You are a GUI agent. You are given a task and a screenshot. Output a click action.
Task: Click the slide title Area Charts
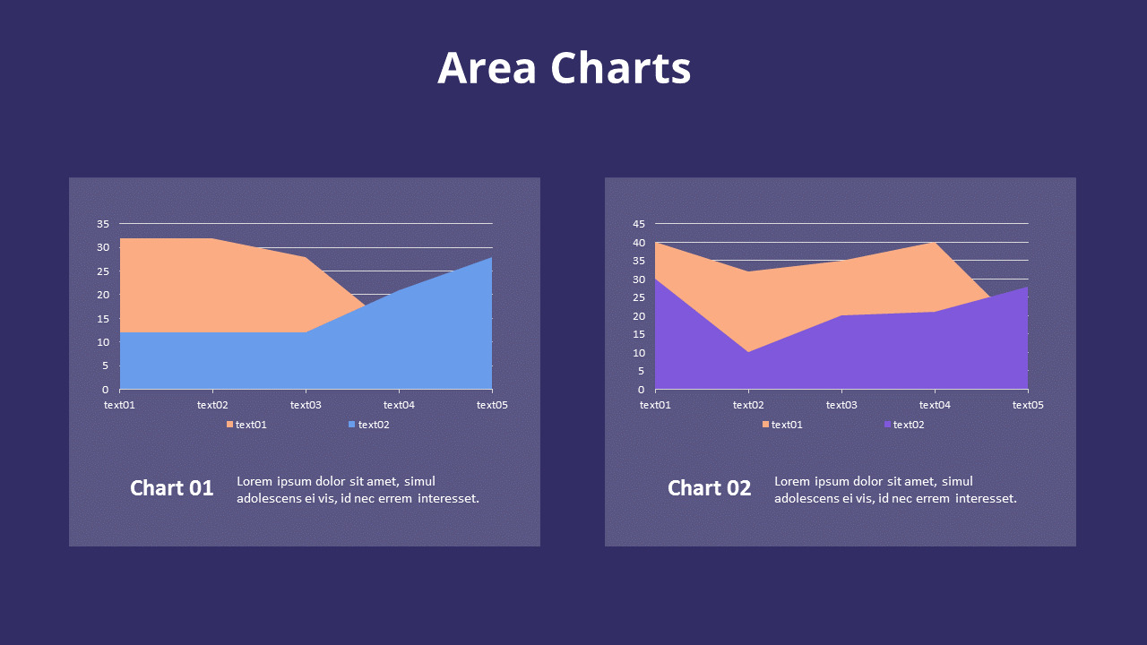pos(564,68)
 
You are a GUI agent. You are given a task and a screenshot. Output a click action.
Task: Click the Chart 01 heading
pos(171,488)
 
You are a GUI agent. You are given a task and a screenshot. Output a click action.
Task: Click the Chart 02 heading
pos(709,488)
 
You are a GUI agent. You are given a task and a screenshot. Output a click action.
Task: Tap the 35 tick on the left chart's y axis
pos(102,223)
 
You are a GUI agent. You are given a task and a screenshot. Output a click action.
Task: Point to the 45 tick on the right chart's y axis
pos(638,223)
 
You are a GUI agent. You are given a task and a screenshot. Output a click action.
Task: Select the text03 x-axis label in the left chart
pos(306,405)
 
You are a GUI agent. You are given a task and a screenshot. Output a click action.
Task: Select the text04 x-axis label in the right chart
pos(935,405)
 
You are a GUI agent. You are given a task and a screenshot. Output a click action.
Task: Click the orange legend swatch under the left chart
pos(229,425)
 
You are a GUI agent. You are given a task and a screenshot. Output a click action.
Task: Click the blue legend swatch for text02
pos(352,425)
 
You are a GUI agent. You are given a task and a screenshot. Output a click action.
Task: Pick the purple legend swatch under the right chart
pos(888,425)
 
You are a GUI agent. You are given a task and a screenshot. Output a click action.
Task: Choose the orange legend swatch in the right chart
pos(765,425)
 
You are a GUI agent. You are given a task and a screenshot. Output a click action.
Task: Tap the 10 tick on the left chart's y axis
pos(102,342)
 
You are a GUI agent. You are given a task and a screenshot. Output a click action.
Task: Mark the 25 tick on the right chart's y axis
pos(638,297)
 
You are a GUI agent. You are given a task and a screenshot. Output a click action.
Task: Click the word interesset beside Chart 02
pos(986,498)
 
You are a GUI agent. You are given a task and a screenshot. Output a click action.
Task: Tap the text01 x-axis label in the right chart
pos(655,405)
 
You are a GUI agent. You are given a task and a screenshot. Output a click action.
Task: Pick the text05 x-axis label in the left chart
pos(492,405)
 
